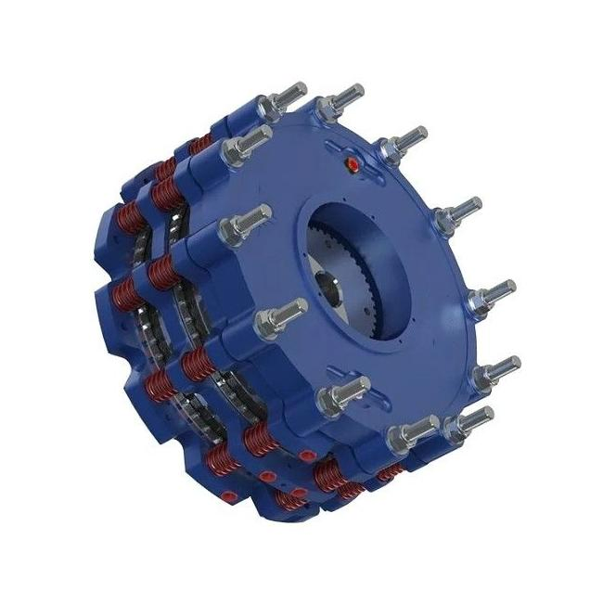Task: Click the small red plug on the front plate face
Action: pos(352,164)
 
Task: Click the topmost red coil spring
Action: pos(198,143)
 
